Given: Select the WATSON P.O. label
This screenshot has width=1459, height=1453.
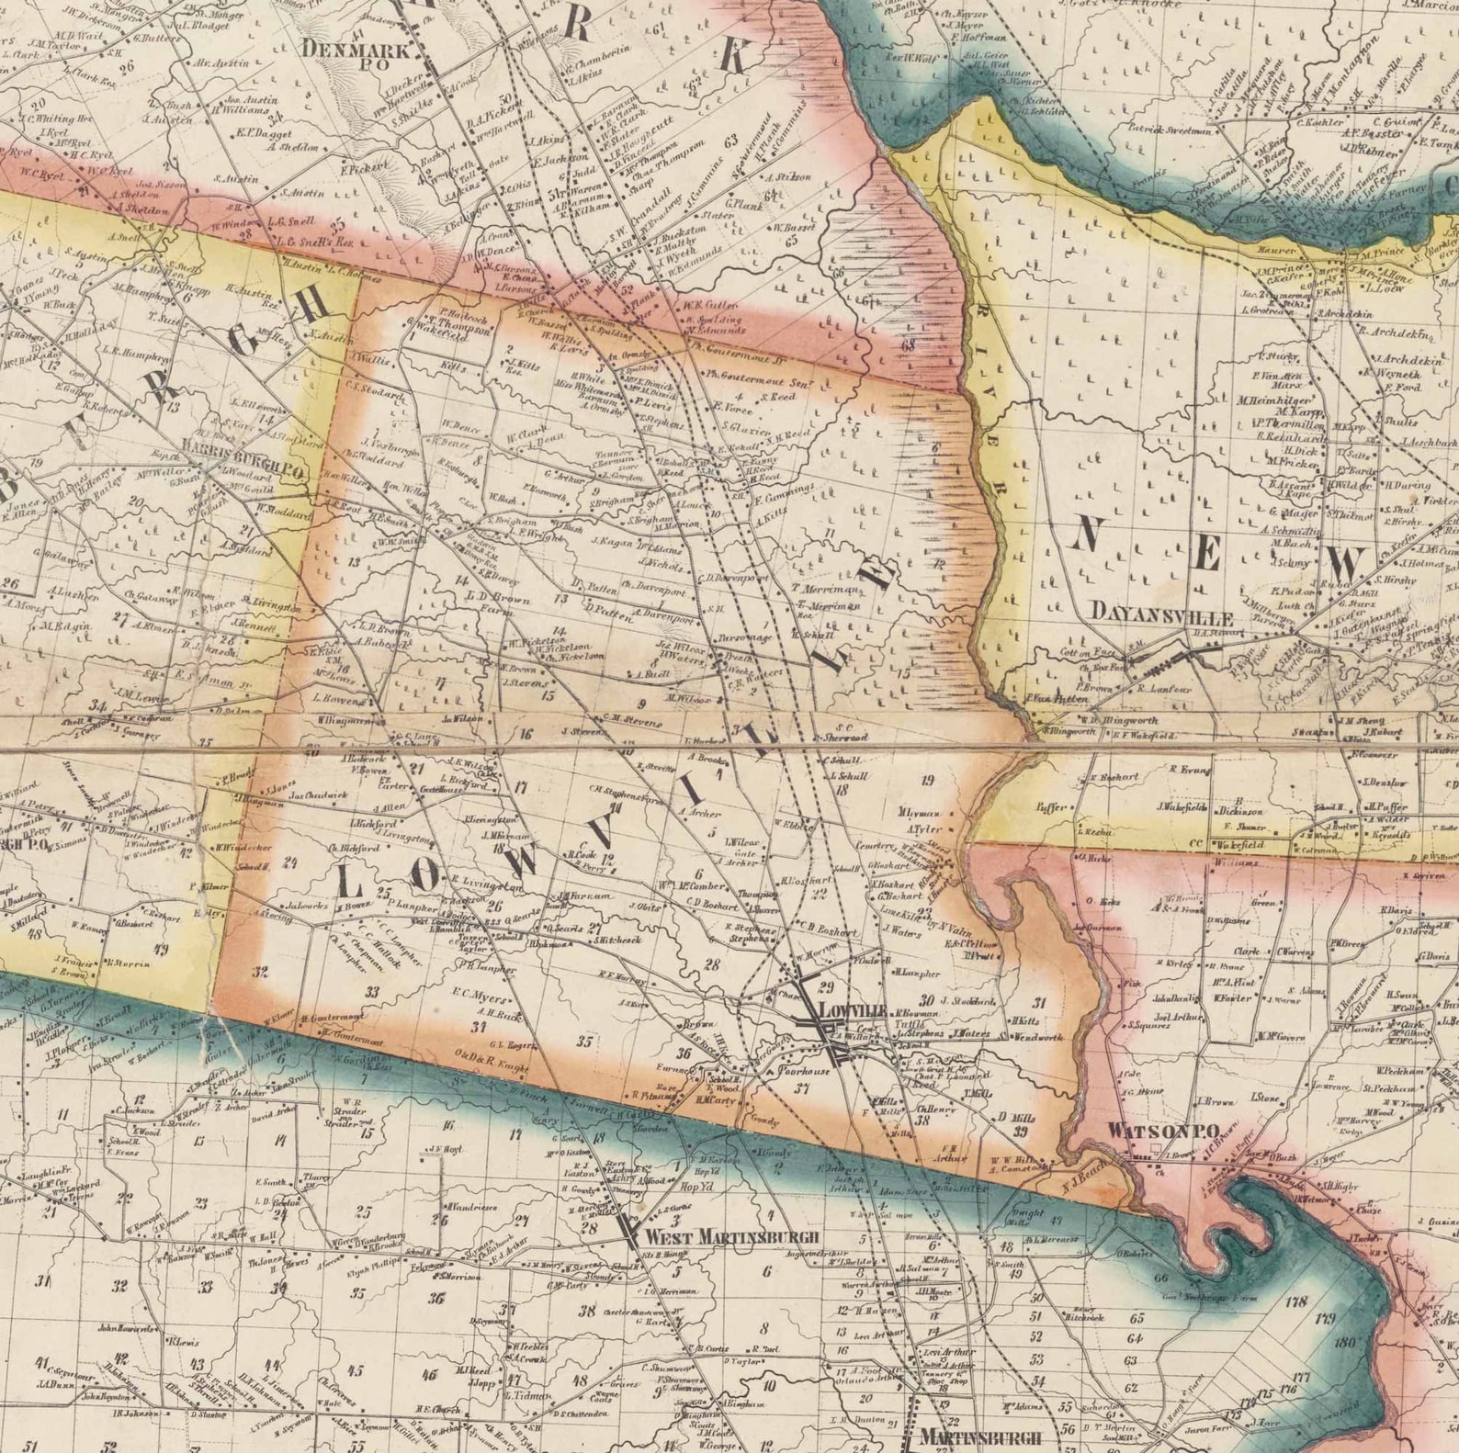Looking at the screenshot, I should click(1161, 1131).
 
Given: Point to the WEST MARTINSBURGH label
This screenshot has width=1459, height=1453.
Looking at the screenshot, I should click(731, 1236).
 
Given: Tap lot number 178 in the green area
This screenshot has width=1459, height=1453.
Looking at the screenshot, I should click(1296, 1301).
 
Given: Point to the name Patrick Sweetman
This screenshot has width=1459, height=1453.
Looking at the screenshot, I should click(1169, 131).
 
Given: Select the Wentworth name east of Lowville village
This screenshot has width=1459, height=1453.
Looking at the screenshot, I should click(1038, 1038).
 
